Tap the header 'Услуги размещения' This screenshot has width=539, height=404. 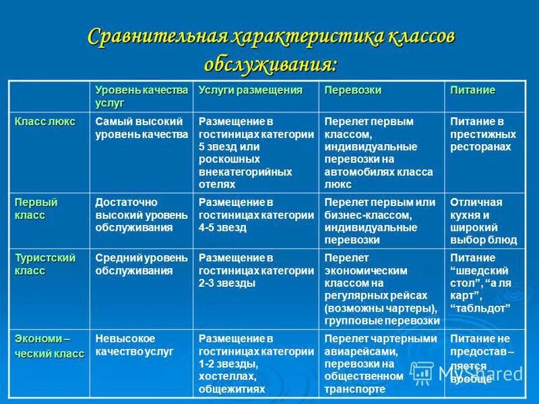(x=251, y=90)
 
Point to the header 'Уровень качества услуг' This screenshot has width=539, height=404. (x=141, y=96)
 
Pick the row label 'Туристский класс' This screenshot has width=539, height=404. (x=45, y=264)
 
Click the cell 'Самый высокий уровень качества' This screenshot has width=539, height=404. (x=141, y=128)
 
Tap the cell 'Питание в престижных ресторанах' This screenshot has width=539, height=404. (x=480, y=133)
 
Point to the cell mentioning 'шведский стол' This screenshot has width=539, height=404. (x=480, y=283)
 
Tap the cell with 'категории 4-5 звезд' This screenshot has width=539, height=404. (x=256, y=215)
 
